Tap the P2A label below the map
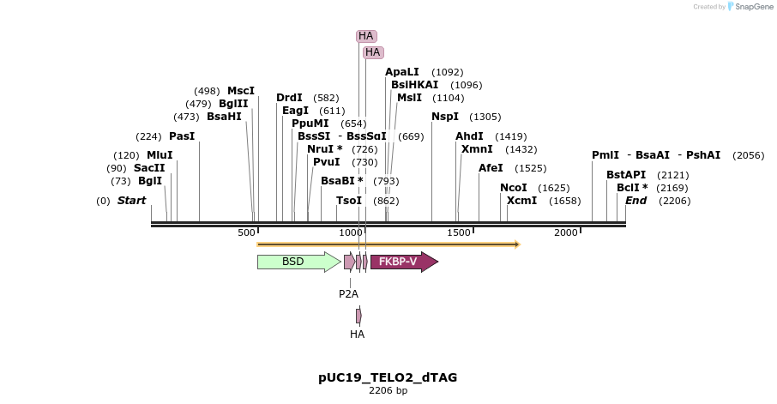pyautogui.click(x=348, y=293)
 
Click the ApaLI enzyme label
pyautogui.click(x=402, y=72)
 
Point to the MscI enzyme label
pyautogui.click(x=241, y=91)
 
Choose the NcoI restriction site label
pyautogui.click(x=514, y=188)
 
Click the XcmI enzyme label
pyautogui.click(x=521, y=201)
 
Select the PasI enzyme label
pyautogui.click(x=182, y=136)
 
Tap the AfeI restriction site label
pyautogui.click(x=491, y=168)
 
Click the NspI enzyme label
pyautogui.click(x=445, y=117)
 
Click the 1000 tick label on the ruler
pyautogui.click(x=351, y=233)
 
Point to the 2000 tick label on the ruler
pyautogui.click(x=565, y=233)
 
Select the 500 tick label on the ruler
pyautogui.click(x=247, y=233)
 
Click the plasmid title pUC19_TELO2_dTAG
pyautogui.click(x=388, y=377)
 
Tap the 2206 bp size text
pyautogui.click(x=388, y=391)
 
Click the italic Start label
pyautogui.click(x=131, y=201)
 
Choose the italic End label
pyautogui.click(x=635, y=201)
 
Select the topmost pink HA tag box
pyautogui.click(x=366, y=36)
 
